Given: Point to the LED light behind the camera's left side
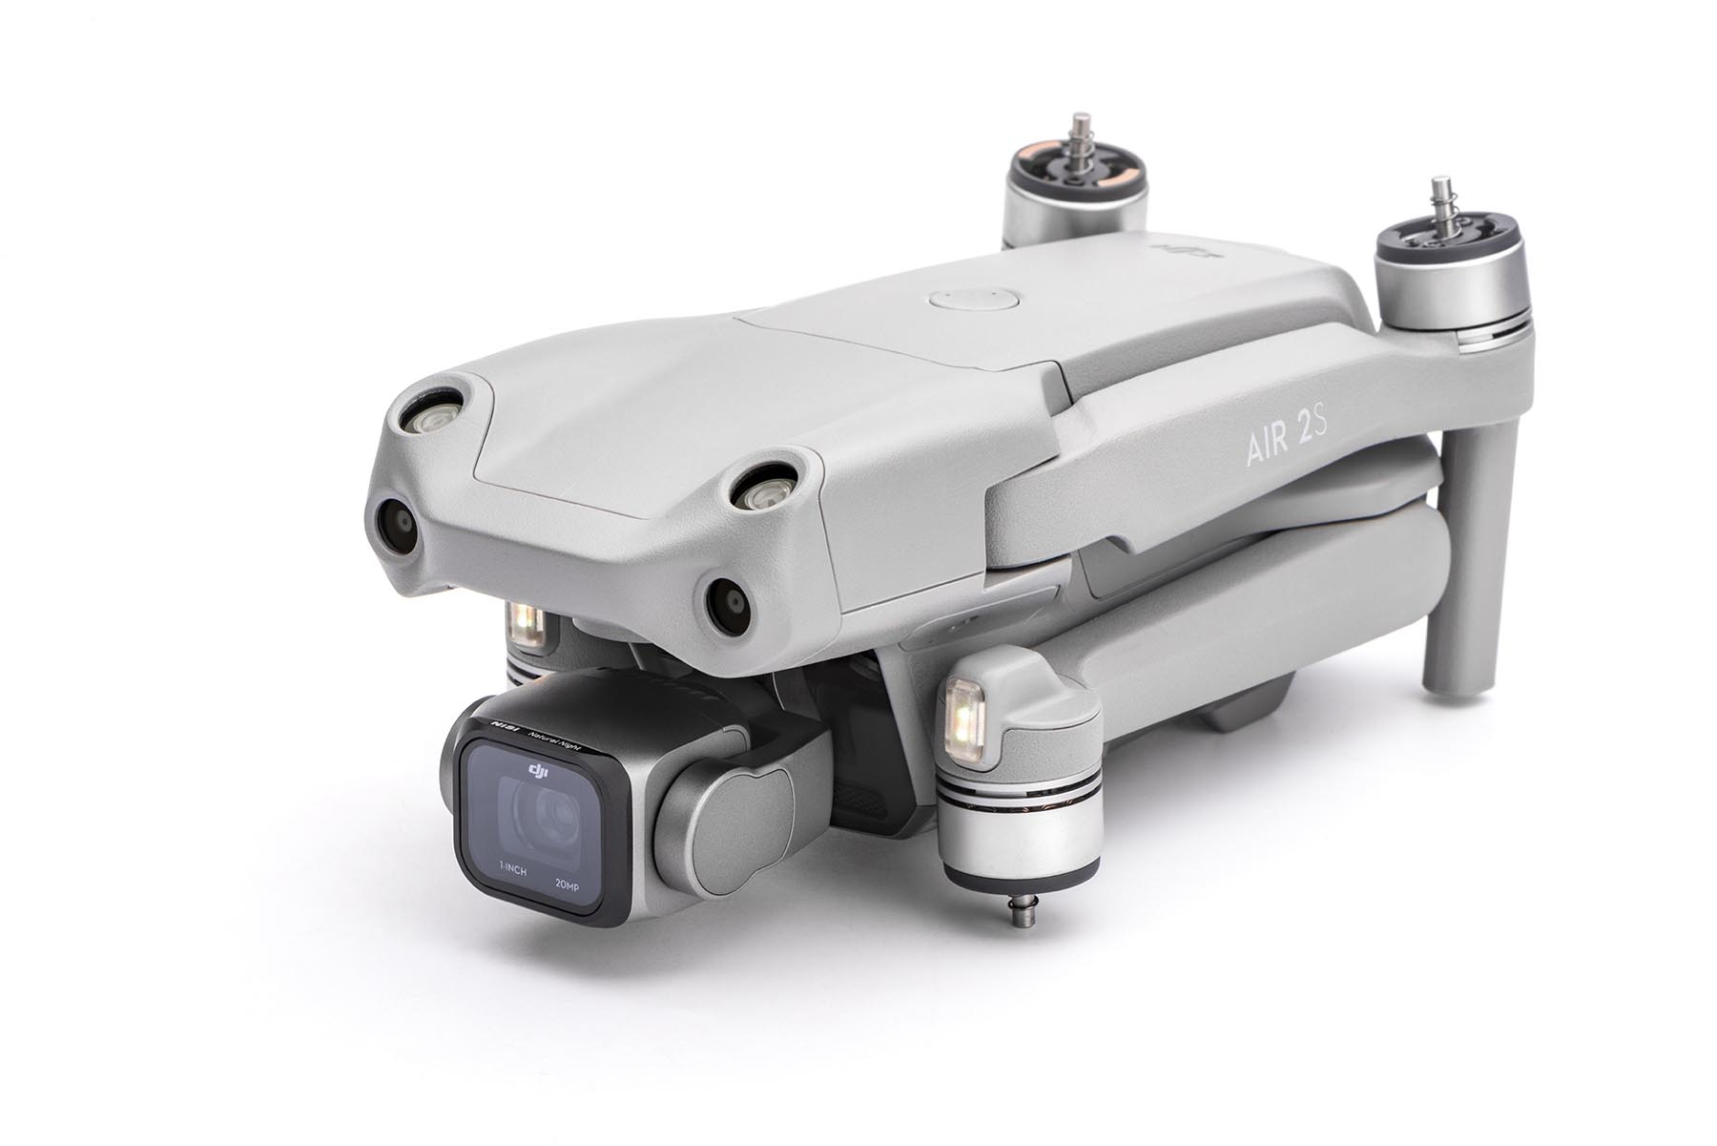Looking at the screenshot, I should coord(528,622).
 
